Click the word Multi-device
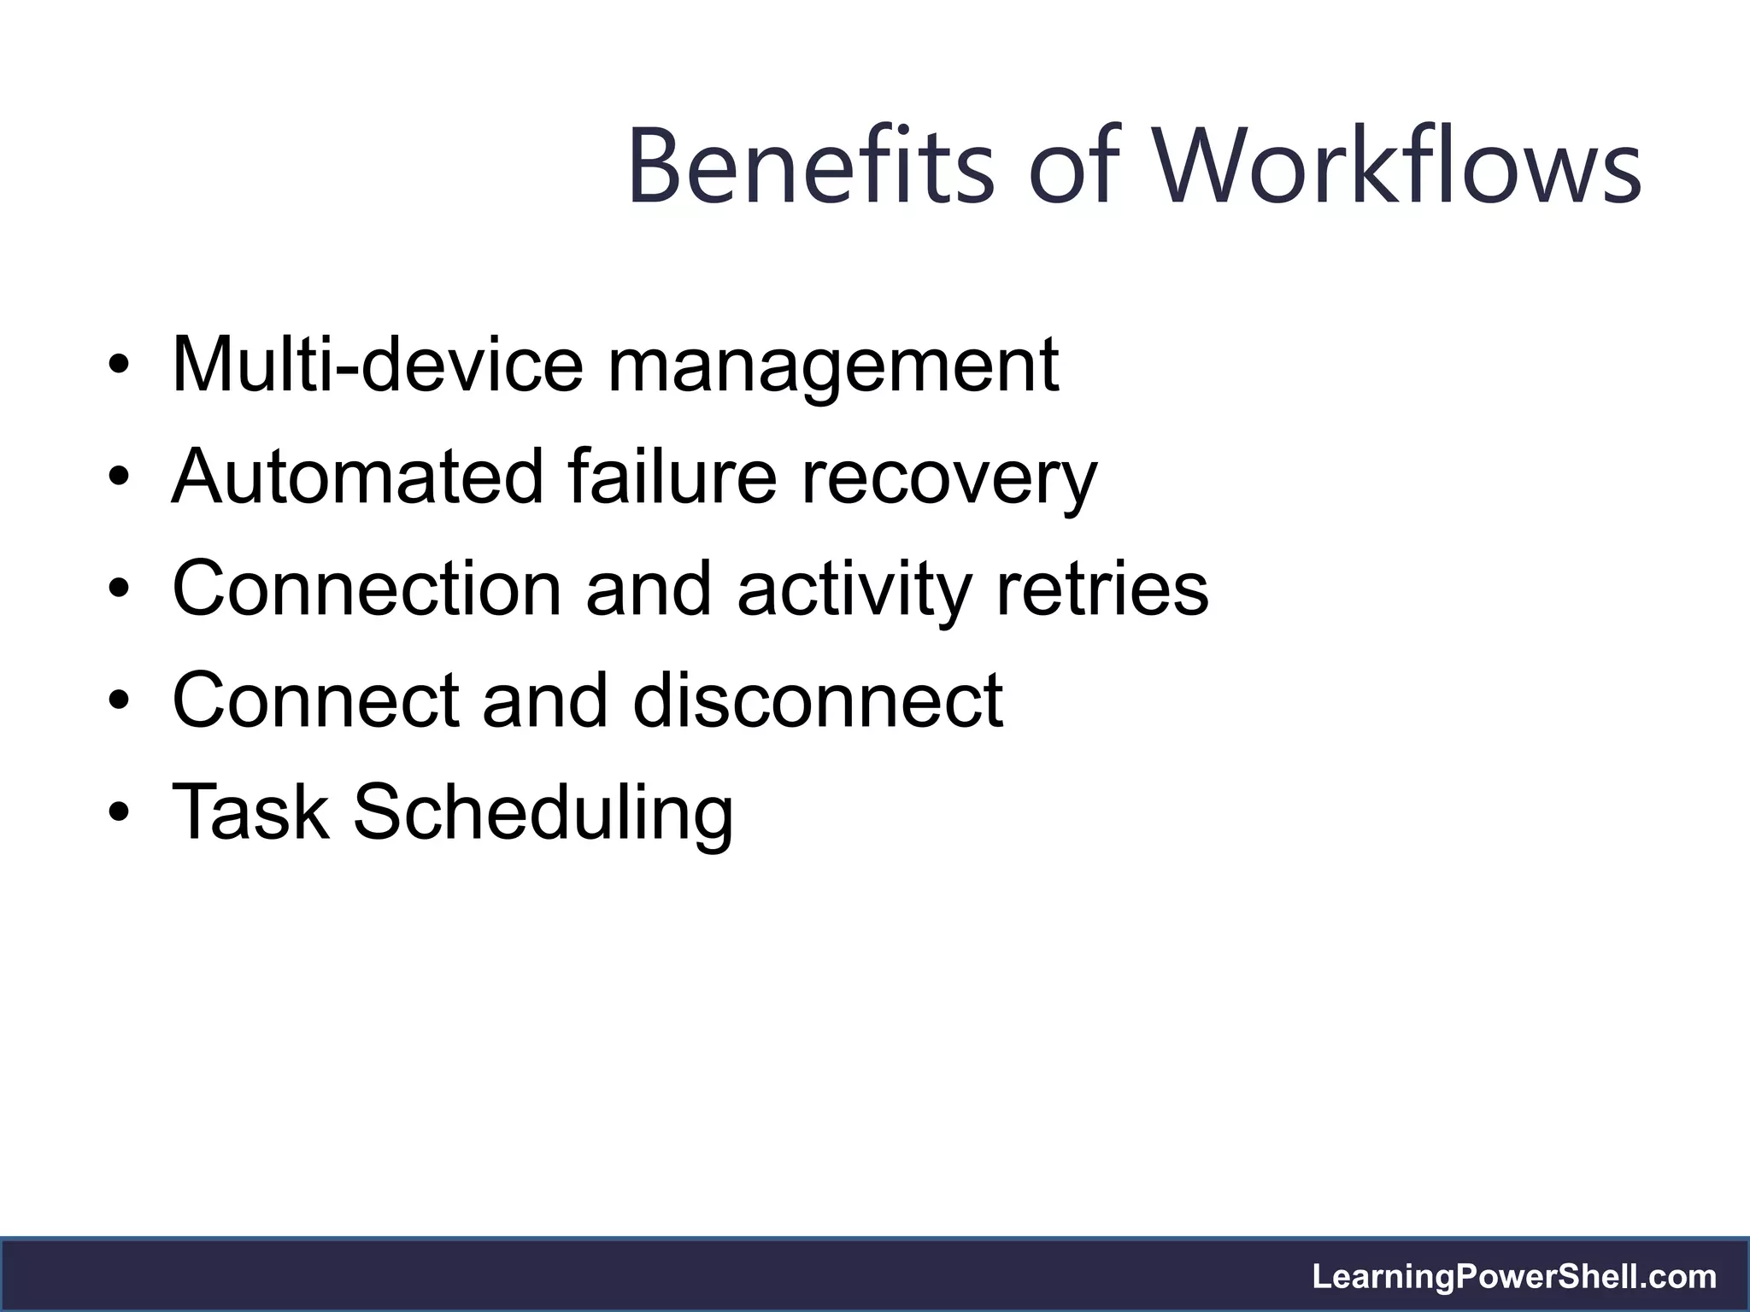click(x=378, y=365)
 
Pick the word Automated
click(x=357, y=476)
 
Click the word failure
click(x=672, y=476)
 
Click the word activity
click(x=854, y=589)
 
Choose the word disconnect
click(x=818, y=700)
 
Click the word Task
click(x=250, y=811)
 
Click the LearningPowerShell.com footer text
click(x=1514, y=1276)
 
